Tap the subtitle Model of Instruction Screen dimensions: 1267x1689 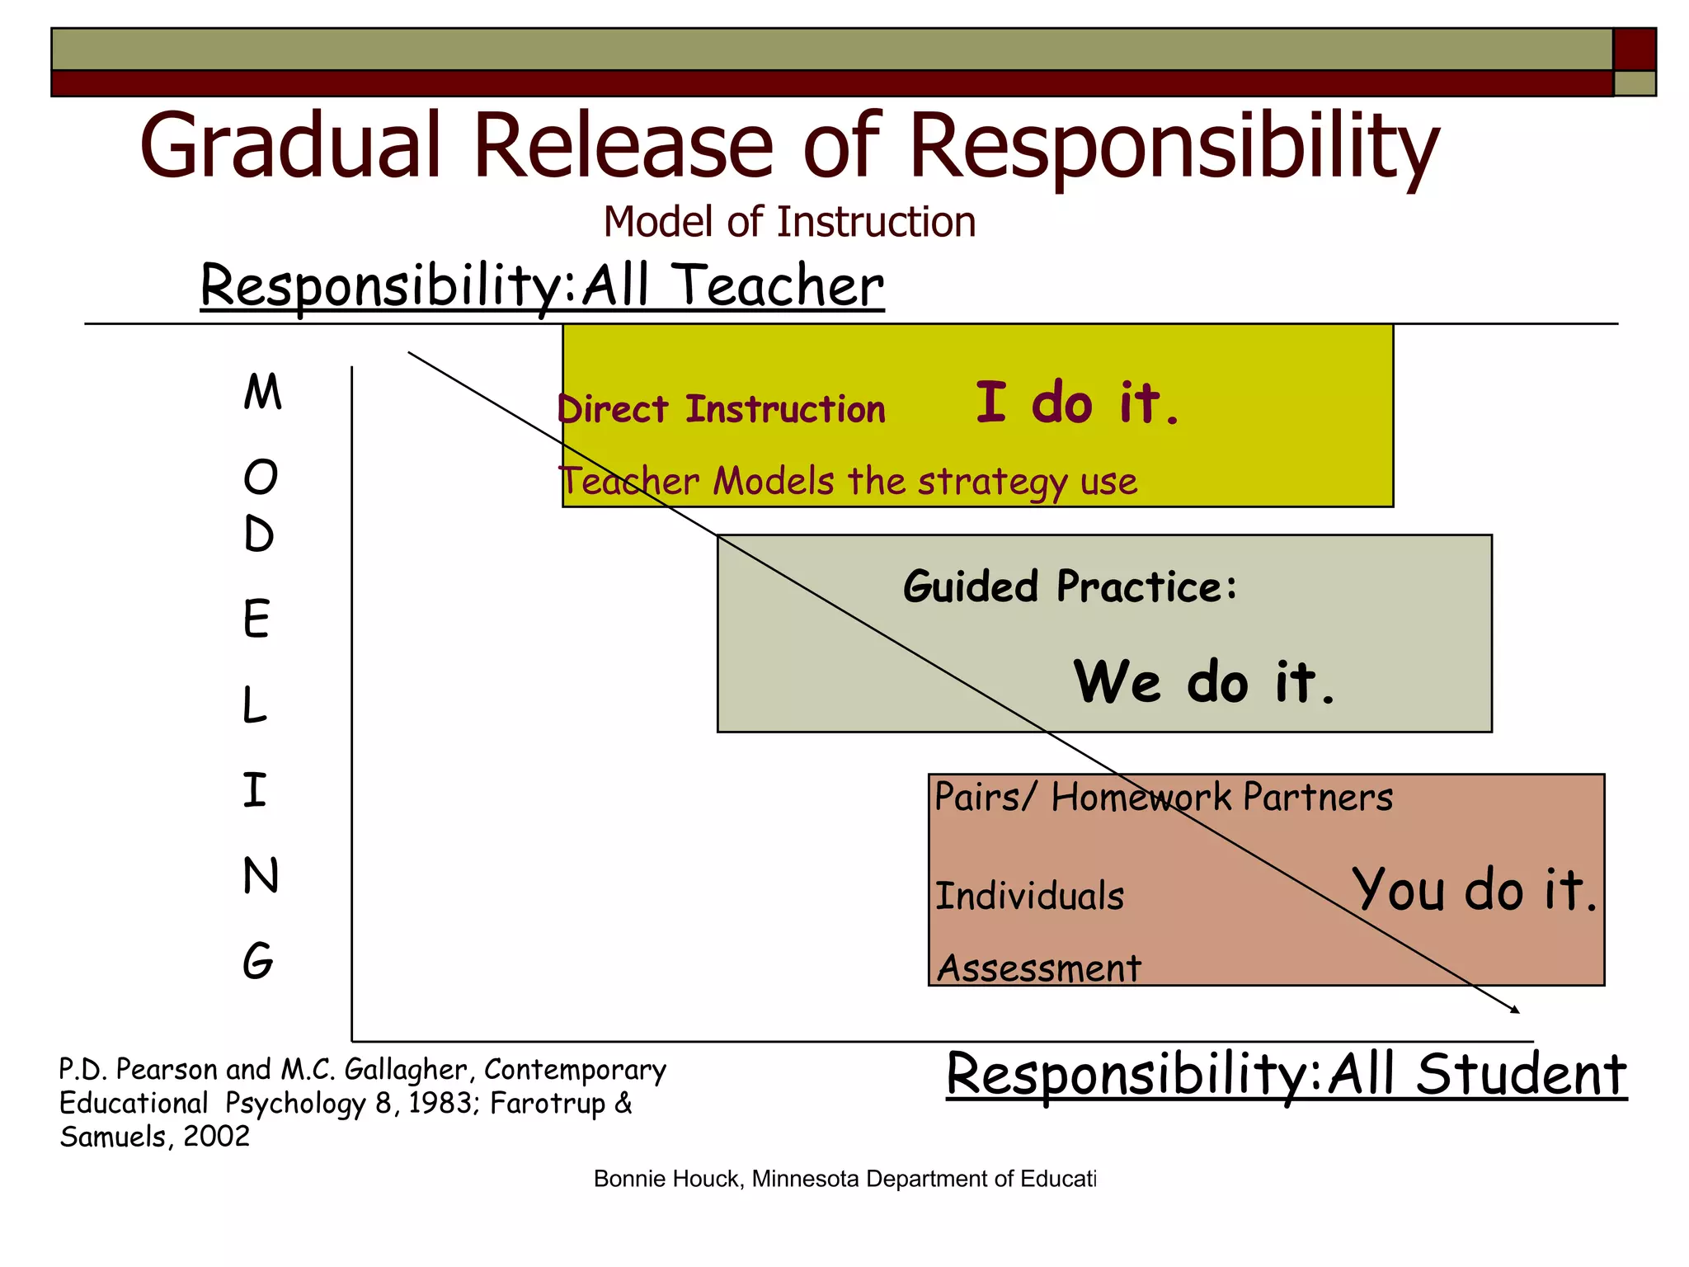tap(789, 222)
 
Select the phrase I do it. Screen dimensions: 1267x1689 tap(1077, 403)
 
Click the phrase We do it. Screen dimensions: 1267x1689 tap(1203, 682)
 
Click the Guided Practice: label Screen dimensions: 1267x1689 tap(1070, 586)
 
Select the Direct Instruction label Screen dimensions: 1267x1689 tap(722, 409)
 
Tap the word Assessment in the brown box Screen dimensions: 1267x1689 tap(1039, 968)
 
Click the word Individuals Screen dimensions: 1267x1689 tap(1029, 896)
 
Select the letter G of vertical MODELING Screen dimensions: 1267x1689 tap(258, 961)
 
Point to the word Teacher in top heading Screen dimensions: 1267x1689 tap(779, 285)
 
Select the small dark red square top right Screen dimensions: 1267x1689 tap(1634, 49)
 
